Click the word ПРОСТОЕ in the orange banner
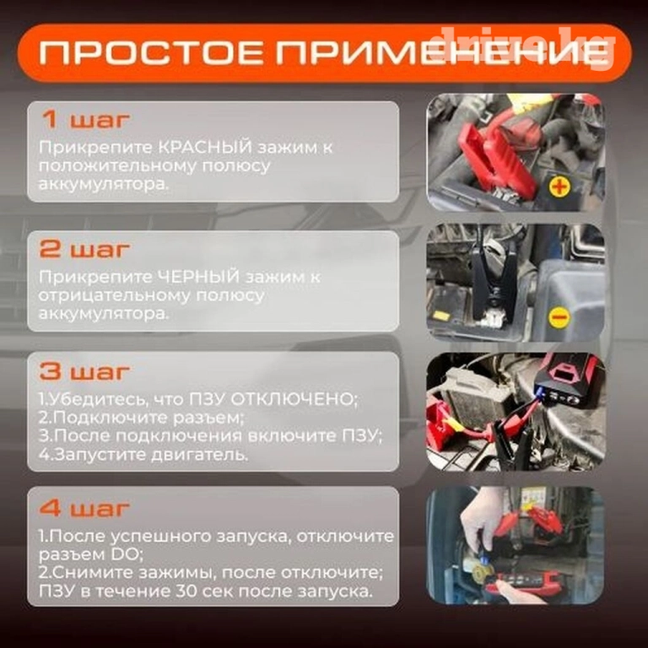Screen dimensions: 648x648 pyautogui.click(x=151, y=53)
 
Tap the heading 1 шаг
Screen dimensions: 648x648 pyautogui.click(x=86, y=120)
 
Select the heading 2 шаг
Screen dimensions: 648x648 pyautogui.click(x=84, y=249)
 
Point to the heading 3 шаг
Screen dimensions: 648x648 pyautogui.click(x=84, y=371)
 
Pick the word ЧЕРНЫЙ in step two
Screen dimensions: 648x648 pyautogui.click(x=199, y=277)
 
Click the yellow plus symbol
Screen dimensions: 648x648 pyautogui.click(x=559, y=187)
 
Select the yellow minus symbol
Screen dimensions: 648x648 pyautogui.click(x=559, y=317)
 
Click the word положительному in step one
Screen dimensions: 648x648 pyautogui.click(x=117, y=166)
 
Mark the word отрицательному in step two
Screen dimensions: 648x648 pyautogui.click(x=115, y=296)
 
